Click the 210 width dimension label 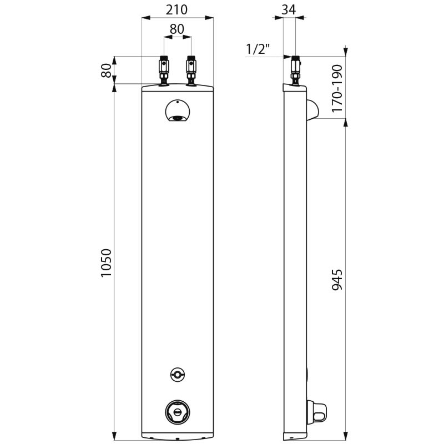pos(177,9)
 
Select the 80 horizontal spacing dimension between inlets pos(177,29)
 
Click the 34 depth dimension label pos(289,9)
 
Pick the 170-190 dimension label pos(337,89)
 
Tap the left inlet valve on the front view pos(164,70)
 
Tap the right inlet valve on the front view pos(191,70)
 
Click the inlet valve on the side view pos(296,70)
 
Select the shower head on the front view pos(177,111)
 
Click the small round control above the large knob pos(177,375)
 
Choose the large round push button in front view pos(177,411)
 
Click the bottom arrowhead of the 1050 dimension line pos(115,434)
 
